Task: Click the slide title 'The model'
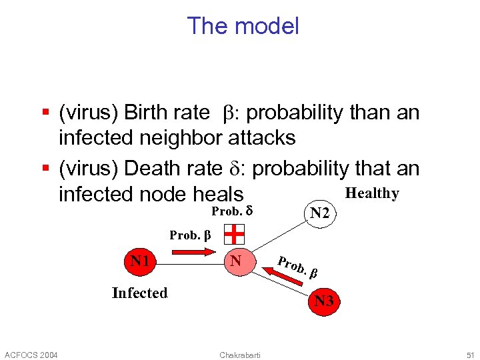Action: tap(243, 26)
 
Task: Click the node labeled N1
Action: tap(139, 260)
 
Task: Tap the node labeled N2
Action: tap(319, 213)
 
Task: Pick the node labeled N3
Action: tap(324, 301)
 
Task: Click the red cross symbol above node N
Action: tap(234, 234)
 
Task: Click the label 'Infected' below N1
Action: tap(140, 293)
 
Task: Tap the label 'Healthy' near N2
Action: tap(372, 193)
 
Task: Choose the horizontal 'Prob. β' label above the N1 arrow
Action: tap(190, 235)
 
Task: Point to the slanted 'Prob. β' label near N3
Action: tap(297, 266)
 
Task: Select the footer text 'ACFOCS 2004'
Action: tap(31, 353)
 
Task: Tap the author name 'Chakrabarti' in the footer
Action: tap(240, 353)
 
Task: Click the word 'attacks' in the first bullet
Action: tap(261, 138)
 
